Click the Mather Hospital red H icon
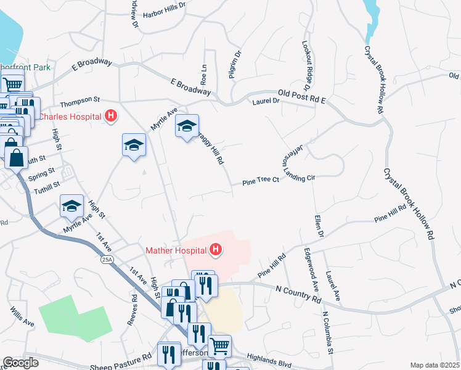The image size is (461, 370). (216, 250)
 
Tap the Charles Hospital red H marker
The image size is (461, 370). (111, 115)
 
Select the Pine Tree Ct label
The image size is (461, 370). (261, 181)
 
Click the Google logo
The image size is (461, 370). (20, 363)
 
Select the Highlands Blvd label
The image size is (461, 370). (268, 356)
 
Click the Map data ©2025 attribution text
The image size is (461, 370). (434, 365)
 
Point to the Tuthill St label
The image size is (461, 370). (47, 184)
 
